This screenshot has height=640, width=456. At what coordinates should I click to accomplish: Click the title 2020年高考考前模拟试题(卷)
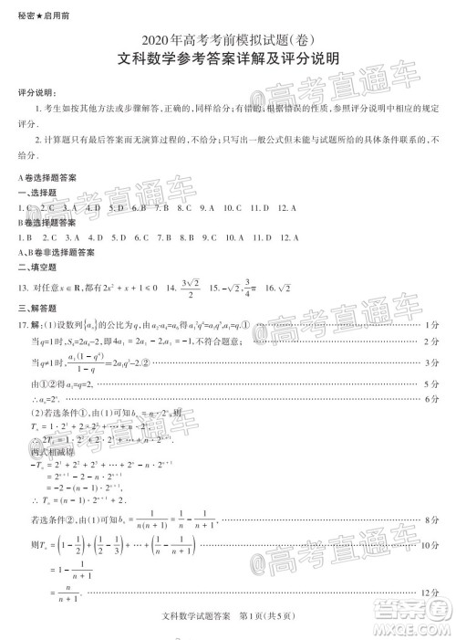(x=228, y=39)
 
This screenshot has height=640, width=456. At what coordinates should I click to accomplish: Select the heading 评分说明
(x=36, y=94)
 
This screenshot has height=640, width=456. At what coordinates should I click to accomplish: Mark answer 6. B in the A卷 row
(x=139, y=207)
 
